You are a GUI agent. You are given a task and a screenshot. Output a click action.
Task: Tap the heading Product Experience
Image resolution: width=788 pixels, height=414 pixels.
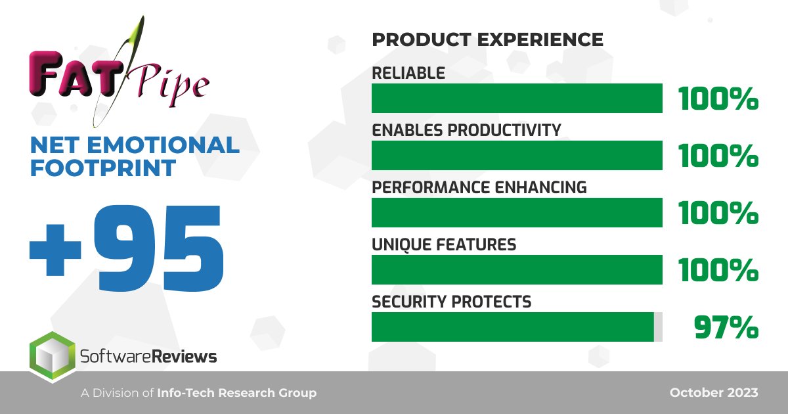487,39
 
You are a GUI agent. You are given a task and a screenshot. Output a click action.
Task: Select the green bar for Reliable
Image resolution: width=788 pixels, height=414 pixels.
517,99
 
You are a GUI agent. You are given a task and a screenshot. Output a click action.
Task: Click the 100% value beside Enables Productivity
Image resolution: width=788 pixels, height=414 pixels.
718,156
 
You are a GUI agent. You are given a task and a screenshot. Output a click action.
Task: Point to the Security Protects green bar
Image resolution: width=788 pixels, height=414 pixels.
512,327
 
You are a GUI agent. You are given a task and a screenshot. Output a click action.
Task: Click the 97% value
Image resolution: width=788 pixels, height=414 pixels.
726,328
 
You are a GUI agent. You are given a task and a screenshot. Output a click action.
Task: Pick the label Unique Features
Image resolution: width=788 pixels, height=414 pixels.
444,244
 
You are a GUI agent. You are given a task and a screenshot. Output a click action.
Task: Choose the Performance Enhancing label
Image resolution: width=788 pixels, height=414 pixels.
479,187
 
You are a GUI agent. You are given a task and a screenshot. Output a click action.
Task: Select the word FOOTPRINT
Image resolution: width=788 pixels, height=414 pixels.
102,168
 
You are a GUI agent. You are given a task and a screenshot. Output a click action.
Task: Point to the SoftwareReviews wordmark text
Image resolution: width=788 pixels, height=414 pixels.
148,357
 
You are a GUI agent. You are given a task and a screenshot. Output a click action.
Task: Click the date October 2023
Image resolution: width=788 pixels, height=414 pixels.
714,393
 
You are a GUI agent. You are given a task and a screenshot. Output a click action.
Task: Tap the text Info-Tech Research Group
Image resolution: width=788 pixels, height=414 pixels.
236,393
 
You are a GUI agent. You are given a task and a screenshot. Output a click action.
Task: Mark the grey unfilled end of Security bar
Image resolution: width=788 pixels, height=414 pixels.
658,327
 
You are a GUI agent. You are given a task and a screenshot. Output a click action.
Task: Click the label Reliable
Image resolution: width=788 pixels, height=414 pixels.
408,73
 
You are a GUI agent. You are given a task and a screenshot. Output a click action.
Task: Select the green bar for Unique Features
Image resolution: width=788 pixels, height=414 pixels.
517,269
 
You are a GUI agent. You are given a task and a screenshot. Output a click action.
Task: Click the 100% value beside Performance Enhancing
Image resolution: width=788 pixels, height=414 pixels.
718,214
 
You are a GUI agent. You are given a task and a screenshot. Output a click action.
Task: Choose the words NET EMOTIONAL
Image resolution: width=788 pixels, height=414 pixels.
134,145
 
